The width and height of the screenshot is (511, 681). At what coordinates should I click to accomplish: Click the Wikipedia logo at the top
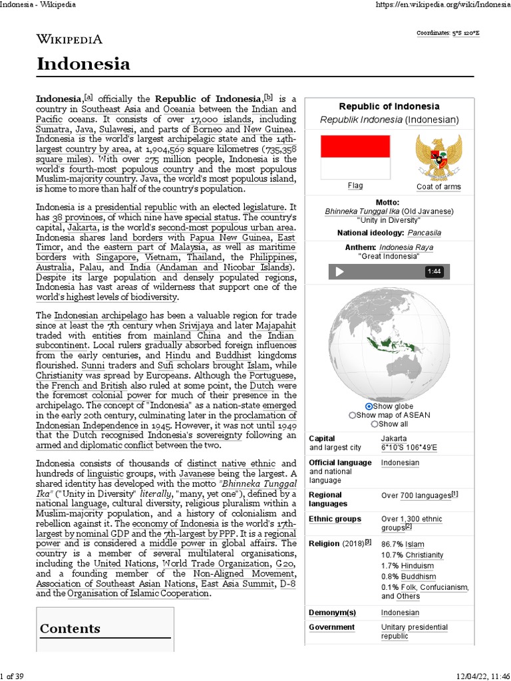[69, 39]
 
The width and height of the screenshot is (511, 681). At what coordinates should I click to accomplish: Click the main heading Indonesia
[83, 65]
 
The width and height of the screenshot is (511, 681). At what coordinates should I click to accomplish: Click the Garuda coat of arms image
[438, 157]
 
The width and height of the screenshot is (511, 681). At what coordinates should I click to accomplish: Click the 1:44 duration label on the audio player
[434, 271]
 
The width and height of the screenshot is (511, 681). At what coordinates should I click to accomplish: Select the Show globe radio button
[369, 406]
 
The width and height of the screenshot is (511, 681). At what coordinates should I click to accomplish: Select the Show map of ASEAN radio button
[353, 415]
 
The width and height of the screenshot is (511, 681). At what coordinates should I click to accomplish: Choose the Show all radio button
[375, 424]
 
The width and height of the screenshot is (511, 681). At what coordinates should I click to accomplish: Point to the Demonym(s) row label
[333, 613]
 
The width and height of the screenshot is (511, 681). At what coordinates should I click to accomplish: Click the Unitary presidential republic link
[414, 632]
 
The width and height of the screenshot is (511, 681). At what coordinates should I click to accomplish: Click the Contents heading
[70, 628]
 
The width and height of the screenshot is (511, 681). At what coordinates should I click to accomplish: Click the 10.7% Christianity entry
[412, 555]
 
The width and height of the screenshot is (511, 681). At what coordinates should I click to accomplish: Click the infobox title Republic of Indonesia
[389, 106]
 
